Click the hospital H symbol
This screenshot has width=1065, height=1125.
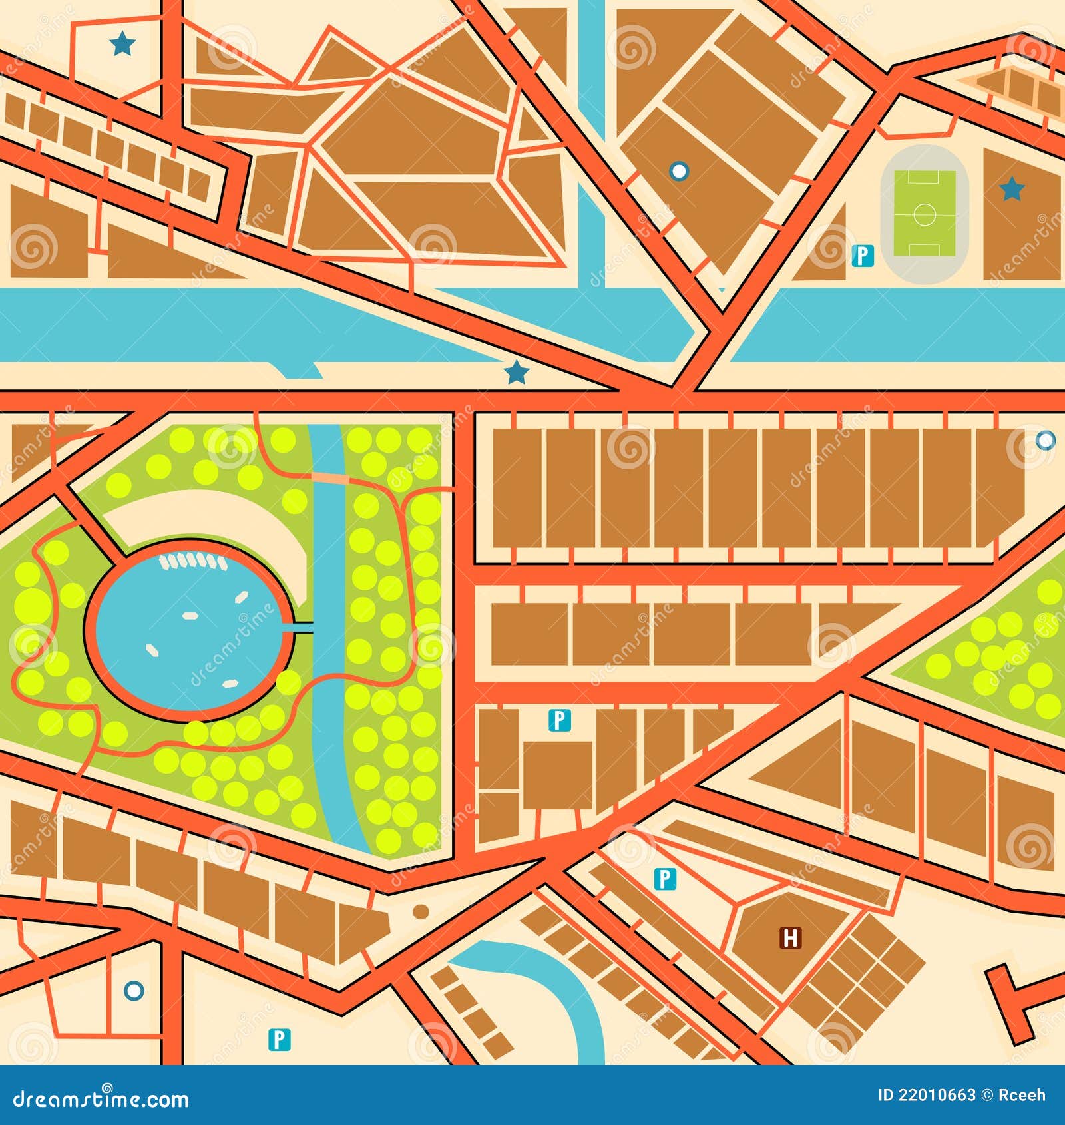[x=790, y=938]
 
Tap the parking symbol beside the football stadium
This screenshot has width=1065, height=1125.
[x=863, y=256]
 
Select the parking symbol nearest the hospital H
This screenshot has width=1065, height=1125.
[x=665, y=879]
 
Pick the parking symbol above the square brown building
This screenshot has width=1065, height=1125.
[x=559, y=720]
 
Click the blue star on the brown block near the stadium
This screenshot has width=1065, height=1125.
[x=1012, y=189]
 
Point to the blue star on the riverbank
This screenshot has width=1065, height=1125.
[x=516, y=373]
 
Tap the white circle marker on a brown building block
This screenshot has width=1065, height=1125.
[x=678, y=171]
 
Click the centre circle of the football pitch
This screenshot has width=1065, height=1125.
[x=924, y=214]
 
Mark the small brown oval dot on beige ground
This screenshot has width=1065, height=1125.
[x=420, y=911]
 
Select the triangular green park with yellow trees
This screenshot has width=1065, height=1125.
[x=998, y=652]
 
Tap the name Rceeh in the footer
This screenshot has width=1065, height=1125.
[x=1022, y=1095]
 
